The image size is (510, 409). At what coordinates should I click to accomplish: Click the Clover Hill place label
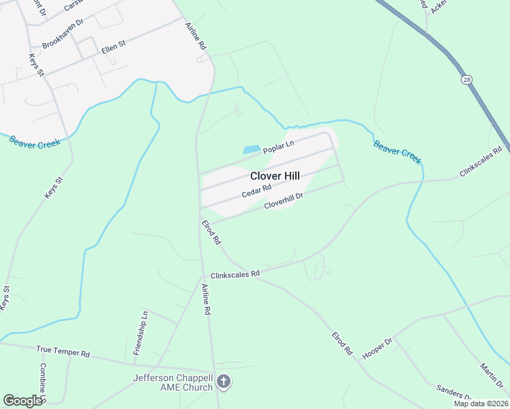[x=275, y=176]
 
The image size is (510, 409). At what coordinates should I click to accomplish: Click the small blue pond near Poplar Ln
[x=252, y=149]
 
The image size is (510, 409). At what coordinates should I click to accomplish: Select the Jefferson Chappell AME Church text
[x=173, y=383]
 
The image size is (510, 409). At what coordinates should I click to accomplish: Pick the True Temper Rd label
[x=63, y=352]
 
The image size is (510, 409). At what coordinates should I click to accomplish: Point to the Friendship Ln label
[x=140, y=333]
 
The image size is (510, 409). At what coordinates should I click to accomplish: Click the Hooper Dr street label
[x=378, y=349]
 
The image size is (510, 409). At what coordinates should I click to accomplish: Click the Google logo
[x=22, y=401]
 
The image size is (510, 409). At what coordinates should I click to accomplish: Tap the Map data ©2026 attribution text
[x=481, y=404]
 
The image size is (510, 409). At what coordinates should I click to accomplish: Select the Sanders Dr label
[x=454, y=393]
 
